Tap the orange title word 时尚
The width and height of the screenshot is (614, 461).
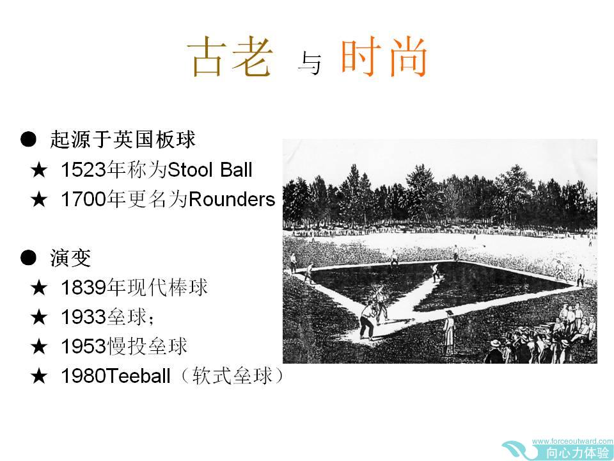[x=384, y=56]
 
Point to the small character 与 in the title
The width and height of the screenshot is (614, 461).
[x=310, y=63]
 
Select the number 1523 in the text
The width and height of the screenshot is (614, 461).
[x=83, y=170]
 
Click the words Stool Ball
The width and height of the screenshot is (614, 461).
[x=210, y=170]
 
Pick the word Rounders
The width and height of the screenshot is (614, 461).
[x=232, y=199]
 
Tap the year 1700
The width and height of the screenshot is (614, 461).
[x=83, y=199]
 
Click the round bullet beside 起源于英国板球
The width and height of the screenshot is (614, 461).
[x=28, y=139]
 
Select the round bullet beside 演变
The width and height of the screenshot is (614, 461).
[x=28, y=258]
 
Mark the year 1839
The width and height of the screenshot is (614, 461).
[x=83, y=287]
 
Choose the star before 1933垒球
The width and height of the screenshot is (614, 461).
[x=39, y=317]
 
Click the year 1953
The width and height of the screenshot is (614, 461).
[x=83, y=346]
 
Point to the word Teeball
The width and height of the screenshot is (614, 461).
[x=138, y=376]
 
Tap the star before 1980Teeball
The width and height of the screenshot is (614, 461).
[x=39, y=376]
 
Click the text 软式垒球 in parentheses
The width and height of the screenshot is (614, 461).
[x=232, y=376]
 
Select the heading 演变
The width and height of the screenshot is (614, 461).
[x=70, y=258]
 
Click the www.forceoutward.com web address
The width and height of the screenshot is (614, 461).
[x=572, y=441]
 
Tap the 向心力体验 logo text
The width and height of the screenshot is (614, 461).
[x=578, y=453]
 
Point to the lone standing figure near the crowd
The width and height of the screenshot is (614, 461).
[x=449, y=332]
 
